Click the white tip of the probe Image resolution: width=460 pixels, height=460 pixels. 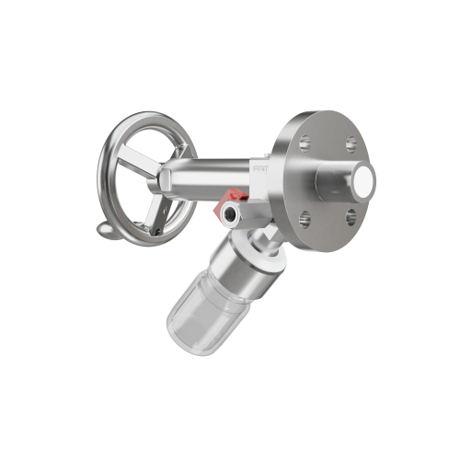(x=369, y=180)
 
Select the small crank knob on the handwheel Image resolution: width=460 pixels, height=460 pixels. (x=107, y=230)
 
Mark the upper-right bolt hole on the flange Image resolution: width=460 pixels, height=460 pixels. (x=349, y=144)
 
